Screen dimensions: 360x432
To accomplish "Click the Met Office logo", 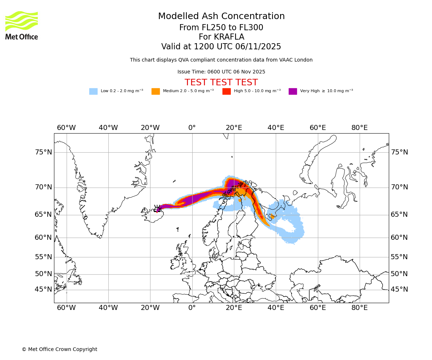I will [22, 25].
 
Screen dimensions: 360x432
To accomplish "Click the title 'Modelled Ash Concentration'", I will [221, 17].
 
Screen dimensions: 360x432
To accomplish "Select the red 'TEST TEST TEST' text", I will [221, 82].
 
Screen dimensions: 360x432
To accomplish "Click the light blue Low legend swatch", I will [93, 91].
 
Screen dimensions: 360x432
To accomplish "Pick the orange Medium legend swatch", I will [156, 91].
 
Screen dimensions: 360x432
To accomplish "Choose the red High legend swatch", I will [226, 91].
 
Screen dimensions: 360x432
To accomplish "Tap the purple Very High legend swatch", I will [293, 91].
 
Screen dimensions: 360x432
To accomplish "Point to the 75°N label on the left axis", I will [43, 152].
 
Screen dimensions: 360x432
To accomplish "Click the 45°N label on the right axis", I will [399, 289].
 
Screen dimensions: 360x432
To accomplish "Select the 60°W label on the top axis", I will [66, 128].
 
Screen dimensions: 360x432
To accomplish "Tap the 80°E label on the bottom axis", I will [359, 308].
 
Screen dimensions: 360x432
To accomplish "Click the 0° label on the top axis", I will [192, 128].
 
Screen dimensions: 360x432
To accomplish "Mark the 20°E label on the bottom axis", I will [234, 308].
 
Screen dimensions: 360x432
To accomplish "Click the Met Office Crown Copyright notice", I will [59, 349].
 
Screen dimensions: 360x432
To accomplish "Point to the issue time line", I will [221, 72].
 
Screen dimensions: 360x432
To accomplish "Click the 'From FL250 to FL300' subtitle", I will [221, 28].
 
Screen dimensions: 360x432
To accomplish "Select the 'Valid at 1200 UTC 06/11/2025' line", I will [221, 47].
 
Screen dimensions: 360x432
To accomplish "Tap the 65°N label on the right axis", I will [399, 215].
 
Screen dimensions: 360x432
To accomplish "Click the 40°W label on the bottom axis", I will [108, 308].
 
